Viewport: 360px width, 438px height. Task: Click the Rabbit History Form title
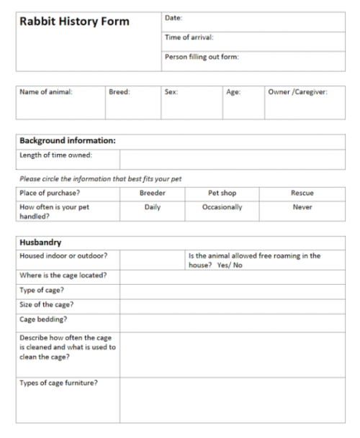click(x=74, y=22)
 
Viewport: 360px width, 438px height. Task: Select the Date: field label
click(x=174, y=18)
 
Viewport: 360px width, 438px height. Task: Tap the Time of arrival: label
click(x=189, y=37)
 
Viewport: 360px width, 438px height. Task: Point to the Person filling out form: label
click(x=202, y=57)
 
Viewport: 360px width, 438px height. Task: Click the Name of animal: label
click(x=46, y=92)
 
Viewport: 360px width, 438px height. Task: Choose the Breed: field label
click(x=119, y=92)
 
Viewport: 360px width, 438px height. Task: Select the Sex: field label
click(x=171, y=92)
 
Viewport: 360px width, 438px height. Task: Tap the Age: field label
click(x=233, y=92)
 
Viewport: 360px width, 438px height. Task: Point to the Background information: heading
click(x=68, y=141)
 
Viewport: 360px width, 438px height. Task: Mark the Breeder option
click(x=152, y=193)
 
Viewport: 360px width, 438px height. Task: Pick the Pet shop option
click(x=222, y=193)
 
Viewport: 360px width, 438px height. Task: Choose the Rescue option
click(x=302, y=193)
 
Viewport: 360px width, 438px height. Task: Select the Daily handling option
click(x=152, y=207)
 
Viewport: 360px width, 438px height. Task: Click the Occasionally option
click(x=222, y=207)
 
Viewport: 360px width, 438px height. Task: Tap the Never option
click(x=302, y=207)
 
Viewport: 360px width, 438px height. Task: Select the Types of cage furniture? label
click(x=59, y=383)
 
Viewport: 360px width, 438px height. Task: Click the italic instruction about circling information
click(x=100, y=178)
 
